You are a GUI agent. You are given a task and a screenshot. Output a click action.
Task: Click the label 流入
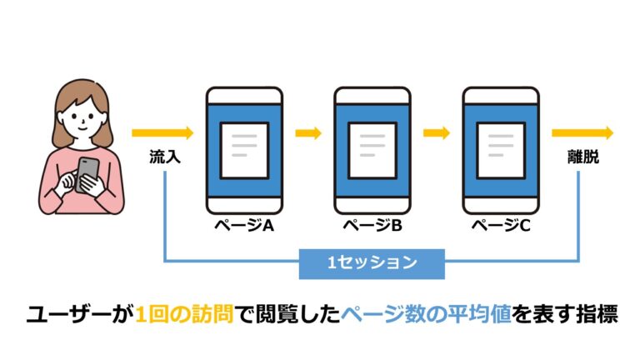[x=165, y=157]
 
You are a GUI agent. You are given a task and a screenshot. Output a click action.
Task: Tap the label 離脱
[x=583, y=157]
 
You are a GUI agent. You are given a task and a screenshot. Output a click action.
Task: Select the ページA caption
[x=244, y=225]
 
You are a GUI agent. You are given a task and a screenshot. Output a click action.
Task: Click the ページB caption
[x=372, y=225]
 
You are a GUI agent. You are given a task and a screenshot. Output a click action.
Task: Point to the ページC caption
[x=501, y=225]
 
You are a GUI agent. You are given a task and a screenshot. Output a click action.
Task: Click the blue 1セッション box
[x=372, y=263]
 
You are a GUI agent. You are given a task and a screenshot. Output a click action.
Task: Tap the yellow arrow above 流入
[x=162, y=133]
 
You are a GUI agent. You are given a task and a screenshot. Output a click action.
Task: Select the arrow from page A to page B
[x=308, y=133]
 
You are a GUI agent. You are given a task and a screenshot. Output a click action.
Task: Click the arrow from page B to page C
[x=437, y=133]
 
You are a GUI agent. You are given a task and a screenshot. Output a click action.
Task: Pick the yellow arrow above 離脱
[x=582, y=133]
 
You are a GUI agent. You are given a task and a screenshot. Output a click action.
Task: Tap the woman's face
[x=82, y=118]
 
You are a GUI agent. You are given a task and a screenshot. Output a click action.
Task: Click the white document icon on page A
[x=244, y=150]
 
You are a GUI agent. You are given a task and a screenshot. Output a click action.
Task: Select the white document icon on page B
[x=372, y=150]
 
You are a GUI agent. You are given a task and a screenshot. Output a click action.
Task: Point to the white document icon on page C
[x=501, y=150]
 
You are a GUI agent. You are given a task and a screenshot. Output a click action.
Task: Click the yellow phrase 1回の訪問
[x=184, y=314]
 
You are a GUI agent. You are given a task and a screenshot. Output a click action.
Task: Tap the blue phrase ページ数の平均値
[x=426, y=314]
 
